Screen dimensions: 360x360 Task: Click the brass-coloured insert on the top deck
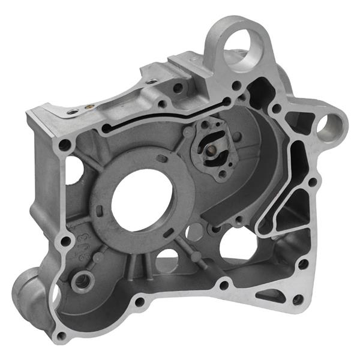(89, 109)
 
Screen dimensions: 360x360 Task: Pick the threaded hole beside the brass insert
(73, 112)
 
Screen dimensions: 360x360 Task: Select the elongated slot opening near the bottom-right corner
(273, 295)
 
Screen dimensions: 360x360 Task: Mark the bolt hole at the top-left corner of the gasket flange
(64, 145)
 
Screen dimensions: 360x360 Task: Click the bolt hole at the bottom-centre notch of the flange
(223, 285)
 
